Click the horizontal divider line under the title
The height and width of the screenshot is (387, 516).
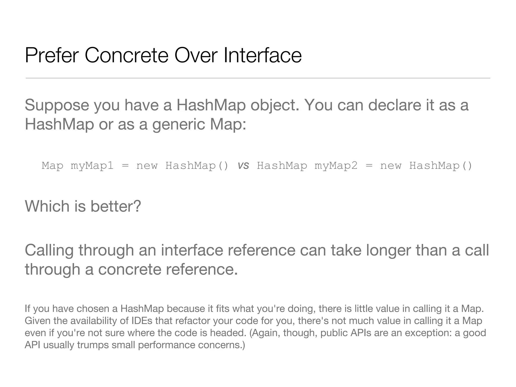(x=258, y=78)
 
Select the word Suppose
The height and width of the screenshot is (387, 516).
(x=57, y=105)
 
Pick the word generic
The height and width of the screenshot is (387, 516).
(x=179, y=124)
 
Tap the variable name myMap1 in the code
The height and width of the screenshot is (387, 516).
(x=92, y=166)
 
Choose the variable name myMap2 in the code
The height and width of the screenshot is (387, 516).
(x=336, y=166)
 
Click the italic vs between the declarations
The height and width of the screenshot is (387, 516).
(x=243, y=166)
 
